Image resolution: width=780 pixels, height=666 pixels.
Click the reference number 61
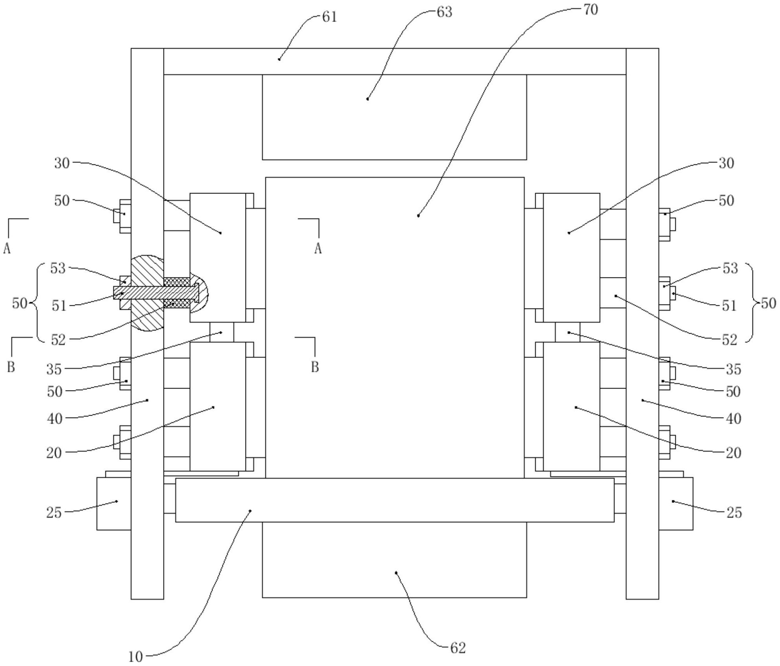pyautogui.click(x=329, y=17)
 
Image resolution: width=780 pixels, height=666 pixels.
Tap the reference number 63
pyautogui.click(x=445, y=13)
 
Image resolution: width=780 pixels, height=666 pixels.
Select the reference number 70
pyautogui.click(x=591, y=10)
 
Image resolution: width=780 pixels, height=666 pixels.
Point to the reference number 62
pyautogui.click(x=458, y=648)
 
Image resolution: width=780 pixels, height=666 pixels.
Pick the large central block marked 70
pyautogui.click(x=395, y=328)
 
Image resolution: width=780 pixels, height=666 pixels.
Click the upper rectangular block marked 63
pyautogui.click(x=394, y=117)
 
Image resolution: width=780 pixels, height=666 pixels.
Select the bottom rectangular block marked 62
pyautogui.click(x=394, y=560)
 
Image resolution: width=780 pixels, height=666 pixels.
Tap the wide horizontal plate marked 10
pyautogui.click(x=395, y=500)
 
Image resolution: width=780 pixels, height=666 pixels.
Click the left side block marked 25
pyautogui.click(x=114, y=504)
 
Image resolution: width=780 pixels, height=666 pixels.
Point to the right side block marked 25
pyautogui.click(x=676, y=504)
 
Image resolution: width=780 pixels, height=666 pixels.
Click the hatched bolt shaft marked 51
pyautogui.click(x=156, y=292)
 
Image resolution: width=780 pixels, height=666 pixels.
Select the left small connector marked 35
pyautogui.click(x=222, y=332)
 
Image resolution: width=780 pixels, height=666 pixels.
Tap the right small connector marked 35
pyautogui.click(x=567, y=332)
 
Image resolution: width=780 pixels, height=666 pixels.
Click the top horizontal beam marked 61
pyautogui.click(x=395, y=61)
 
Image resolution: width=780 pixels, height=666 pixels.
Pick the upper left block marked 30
pyautogui.click(x=218, y=257)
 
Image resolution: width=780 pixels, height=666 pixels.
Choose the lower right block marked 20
pyautogui.click(x=571, y=406)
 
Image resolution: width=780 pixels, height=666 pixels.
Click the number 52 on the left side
pyautogui.click(x=58, y=340)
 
